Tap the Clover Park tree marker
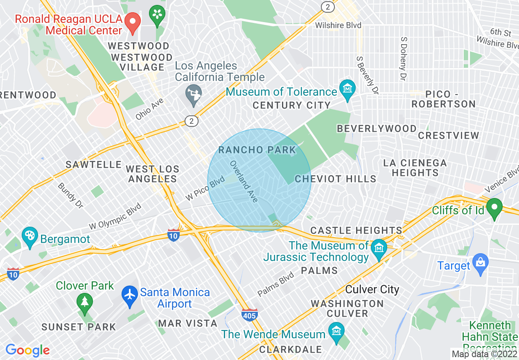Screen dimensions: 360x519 point(84,303)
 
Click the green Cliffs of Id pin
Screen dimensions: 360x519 point(494,208)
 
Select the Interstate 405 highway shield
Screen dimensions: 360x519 point(249,315)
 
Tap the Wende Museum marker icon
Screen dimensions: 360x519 point(336,331)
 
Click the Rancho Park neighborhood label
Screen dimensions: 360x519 point(257,150)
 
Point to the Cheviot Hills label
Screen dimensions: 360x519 point(335,179)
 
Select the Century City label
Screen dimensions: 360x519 point(291,105)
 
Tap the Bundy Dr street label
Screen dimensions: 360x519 point(70,195)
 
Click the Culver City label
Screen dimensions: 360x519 point(372,290)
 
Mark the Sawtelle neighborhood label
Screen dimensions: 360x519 point(94,164)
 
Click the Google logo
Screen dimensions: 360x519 point(27,350)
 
